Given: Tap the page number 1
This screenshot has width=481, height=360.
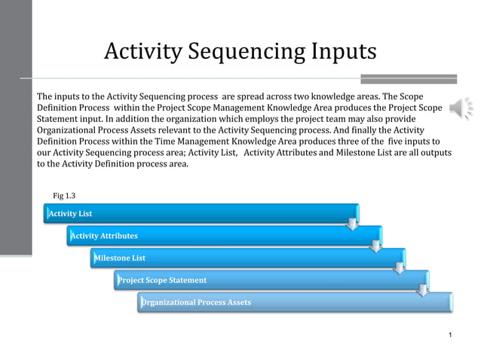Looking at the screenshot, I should coord(449,334).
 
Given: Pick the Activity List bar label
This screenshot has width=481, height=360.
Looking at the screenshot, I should coord(70,214).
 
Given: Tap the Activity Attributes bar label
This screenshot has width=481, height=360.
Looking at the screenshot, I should coord(104,236).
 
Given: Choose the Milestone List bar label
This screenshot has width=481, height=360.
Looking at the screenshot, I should coord(119,258).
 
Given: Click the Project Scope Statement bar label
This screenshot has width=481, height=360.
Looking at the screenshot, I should coord(162,280).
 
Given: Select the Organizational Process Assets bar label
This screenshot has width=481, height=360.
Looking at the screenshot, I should coord(196,303).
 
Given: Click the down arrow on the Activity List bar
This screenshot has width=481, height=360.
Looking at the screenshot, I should coord(351,223).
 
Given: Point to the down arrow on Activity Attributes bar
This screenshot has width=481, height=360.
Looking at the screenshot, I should coord(375,246).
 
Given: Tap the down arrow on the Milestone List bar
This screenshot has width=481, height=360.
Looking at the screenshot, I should coord(399,267).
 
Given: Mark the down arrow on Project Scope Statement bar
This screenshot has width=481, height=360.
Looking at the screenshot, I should coord(423,289).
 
